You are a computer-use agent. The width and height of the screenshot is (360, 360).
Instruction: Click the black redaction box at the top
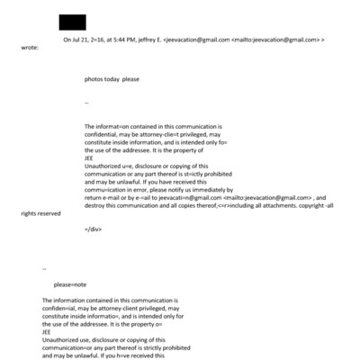click(x=72, y=22)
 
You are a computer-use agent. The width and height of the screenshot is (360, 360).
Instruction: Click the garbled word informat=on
click(x=110, y=127)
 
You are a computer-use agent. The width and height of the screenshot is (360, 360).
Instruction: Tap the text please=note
click(x=73, y=283)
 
